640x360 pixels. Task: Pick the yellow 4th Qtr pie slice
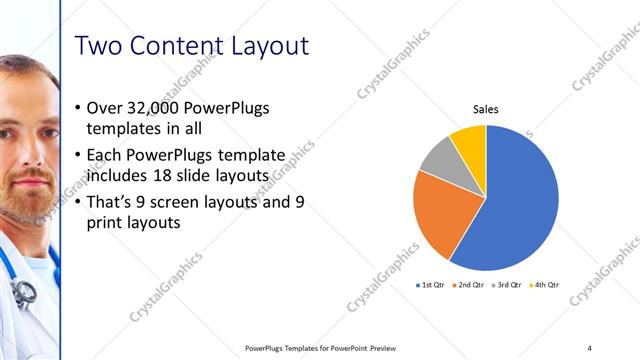(x=470, y=141)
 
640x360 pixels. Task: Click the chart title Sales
(x=486, y=109)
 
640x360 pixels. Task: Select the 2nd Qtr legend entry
(x=469, y=285)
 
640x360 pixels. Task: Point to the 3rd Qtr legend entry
(x=507, y=285)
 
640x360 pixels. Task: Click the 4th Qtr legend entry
(x=544, y=285)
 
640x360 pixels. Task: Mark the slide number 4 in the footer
(x=589, y=347)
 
